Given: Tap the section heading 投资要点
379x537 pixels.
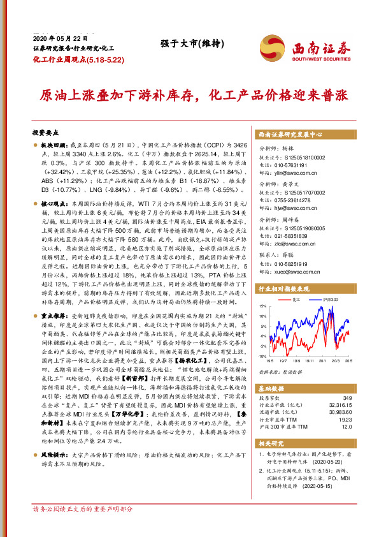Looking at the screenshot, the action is click(x=45, y=133).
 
